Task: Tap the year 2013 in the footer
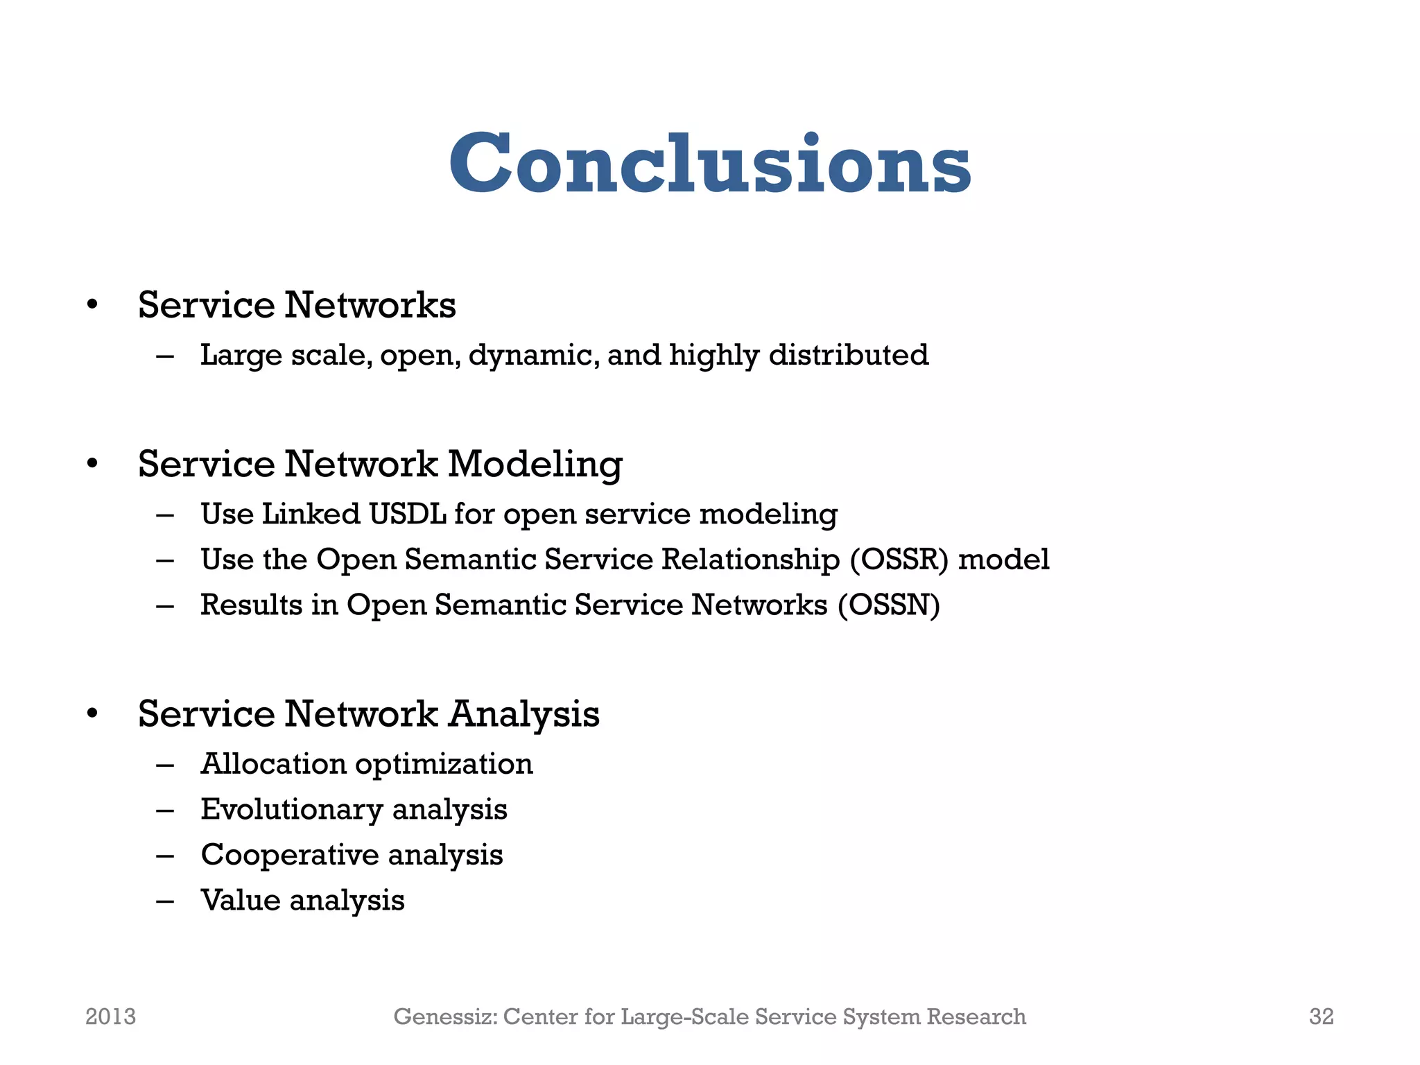point(110,1016)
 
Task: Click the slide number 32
point(1321,1016)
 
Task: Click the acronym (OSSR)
point(899,560)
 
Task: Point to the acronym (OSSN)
point(888,605)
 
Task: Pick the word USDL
point(407,514)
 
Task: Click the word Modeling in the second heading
point(535,463)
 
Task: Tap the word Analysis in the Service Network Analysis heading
point(523,713)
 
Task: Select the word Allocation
point(272,764)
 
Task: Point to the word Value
point(240,900)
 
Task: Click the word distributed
point(848,355)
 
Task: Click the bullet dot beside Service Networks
point(92,305)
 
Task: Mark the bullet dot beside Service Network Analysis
point(92,714)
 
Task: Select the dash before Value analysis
point(165,901)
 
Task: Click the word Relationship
point(751,560)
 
